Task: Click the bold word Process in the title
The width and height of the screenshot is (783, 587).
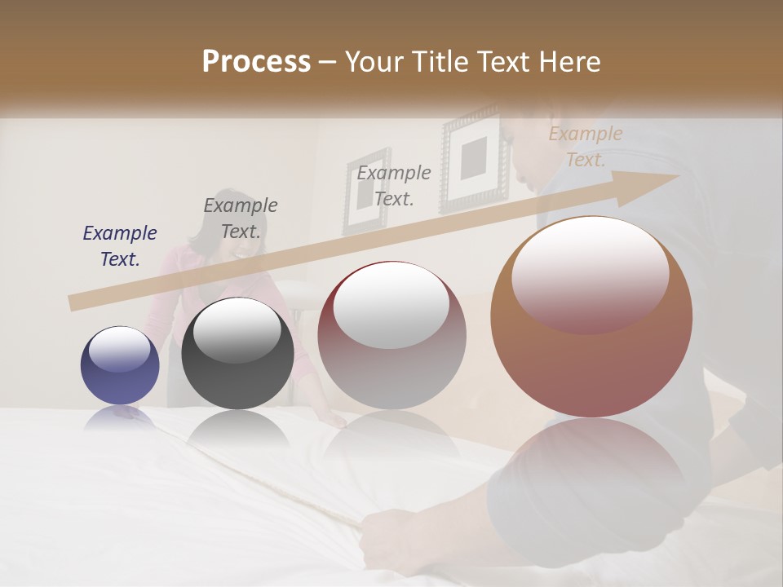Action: pos(256,62)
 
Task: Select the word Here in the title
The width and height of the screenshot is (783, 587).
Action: pos(568,62)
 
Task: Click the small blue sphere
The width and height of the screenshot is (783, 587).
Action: pos(120,365)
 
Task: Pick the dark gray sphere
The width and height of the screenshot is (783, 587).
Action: pos(237,353)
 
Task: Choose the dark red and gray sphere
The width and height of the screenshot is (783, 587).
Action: pos(391,335)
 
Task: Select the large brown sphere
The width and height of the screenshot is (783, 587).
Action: pos(591,316)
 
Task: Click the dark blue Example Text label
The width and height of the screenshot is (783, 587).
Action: pos(120,246)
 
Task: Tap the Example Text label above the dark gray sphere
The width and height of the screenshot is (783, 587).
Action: pos(241,218)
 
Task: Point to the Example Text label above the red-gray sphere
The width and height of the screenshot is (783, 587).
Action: pos(394,185)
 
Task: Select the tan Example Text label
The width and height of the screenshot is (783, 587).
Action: pos(585,147)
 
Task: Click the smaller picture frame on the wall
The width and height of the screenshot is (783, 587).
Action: pos(366,191)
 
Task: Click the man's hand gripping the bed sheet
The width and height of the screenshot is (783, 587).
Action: pos(383,530)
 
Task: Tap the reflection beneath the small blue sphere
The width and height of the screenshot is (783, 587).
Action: pos(120,418)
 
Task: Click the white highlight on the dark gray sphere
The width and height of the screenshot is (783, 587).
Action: pos(237,329)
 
